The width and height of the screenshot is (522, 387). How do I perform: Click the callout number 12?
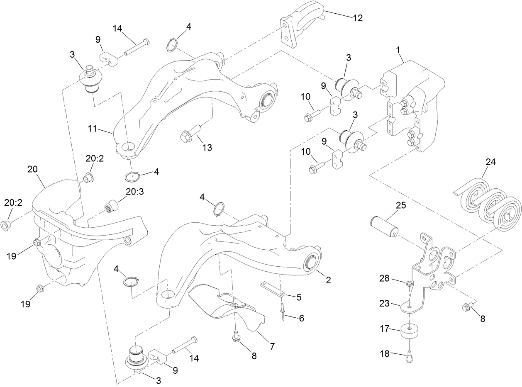[x=357, y=18]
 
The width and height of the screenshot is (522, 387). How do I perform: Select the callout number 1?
[x=398, y=50]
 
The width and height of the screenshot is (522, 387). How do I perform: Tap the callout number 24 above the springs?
[x=490, y=162]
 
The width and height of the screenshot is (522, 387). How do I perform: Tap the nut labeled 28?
[x=409, y=283]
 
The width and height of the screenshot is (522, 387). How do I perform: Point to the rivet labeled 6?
[x=282, y=309]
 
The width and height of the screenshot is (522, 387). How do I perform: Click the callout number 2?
[x=328, y=280]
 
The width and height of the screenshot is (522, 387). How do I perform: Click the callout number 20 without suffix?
[x=32, y=169]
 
